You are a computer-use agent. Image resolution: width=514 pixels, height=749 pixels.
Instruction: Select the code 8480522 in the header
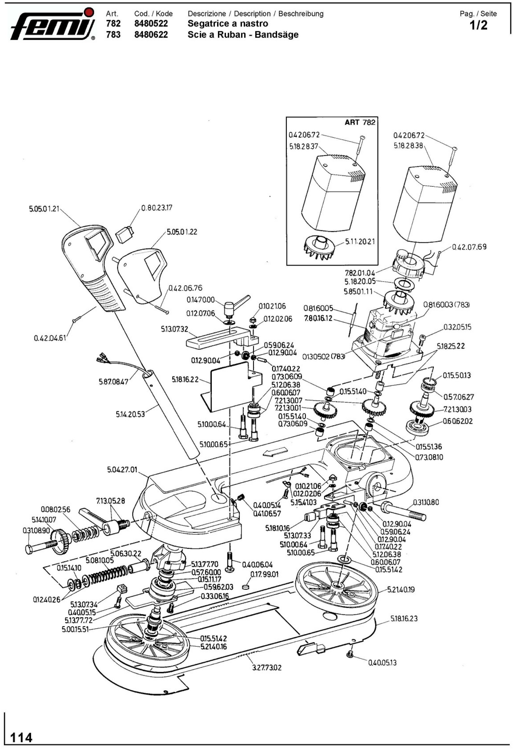pos(151,24)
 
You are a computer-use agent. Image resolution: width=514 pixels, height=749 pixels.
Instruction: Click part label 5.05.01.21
pos(44,209)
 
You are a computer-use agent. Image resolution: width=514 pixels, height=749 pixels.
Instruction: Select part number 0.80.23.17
pos(156,208)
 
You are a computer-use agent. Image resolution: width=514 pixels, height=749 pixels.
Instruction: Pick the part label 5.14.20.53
pos(130,414)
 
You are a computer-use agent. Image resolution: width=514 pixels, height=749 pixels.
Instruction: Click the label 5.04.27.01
pos(122,470)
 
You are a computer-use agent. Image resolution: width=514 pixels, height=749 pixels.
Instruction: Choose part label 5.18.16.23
pos(404,618)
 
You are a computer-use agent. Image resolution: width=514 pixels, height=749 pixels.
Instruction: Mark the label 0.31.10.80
pos(426,502)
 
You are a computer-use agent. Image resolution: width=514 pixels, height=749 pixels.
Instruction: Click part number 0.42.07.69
pos(469,247)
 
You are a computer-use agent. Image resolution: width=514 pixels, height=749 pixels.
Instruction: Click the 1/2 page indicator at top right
pos(479,26)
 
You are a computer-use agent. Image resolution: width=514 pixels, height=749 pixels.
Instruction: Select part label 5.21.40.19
pos(401,580)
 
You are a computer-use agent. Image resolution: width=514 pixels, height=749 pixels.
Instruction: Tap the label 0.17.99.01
pos(264,574)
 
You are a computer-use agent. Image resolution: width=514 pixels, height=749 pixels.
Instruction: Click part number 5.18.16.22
pos(185,379)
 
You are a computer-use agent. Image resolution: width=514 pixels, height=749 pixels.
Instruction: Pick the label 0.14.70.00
pos(200,300)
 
